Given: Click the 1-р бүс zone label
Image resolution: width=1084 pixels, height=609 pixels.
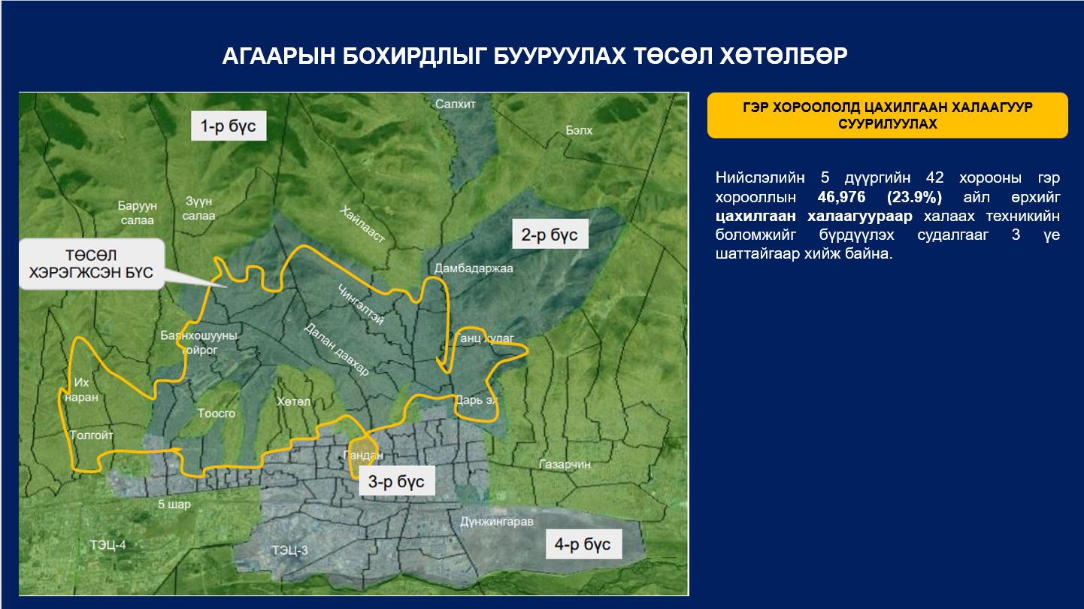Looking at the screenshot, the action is (228, 126).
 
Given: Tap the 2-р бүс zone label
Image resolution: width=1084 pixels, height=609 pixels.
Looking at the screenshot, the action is (550, 235).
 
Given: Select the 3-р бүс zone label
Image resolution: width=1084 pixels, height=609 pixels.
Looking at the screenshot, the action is (396, 482).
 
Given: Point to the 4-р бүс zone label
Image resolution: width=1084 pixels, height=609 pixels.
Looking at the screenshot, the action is (583, 544).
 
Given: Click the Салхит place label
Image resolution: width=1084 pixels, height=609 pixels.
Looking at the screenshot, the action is (456, 105).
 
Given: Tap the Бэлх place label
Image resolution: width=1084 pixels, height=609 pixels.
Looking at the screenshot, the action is (579, 131).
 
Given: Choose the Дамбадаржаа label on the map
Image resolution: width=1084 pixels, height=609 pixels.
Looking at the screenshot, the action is (473, 268).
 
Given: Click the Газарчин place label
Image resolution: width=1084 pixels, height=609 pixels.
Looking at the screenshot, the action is (565, 465).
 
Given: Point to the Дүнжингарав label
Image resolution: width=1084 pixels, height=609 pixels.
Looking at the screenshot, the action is (496, 521).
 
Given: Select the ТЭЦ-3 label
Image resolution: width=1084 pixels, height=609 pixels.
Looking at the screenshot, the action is (290, 550).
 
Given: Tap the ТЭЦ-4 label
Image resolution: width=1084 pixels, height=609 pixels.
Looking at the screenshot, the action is (108, 544).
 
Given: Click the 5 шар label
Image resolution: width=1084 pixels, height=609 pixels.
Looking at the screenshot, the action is (174, 504).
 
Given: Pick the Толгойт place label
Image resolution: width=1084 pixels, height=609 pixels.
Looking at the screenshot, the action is (92, 435).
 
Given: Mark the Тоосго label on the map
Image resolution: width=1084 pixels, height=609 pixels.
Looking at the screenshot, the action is (216, 414).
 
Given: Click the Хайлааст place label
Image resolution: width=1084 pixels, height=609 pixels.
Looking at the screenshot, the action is (362, 223).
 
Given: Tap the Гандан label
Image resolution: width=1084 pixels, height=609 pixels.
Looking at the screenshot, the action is (363, 455).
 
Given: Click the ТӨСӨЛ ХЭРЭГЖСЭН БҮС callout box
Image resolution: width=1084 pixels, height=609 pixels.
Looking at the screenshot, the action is (90, 264).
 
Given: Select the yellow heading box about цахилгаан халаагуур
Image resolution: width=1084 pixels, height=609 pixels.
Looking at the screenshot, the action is (887, 116).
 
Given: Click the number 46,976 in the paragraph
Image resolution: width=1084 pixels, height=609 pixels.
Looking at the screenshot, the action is (842, 197).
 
